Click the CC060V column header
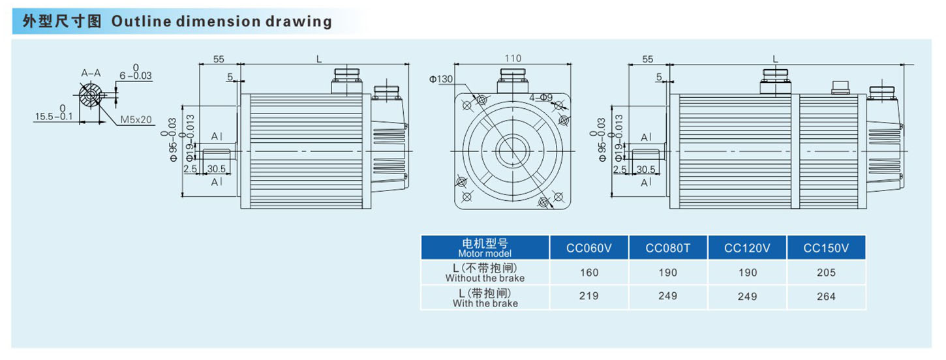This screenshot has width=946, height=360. (589, 248)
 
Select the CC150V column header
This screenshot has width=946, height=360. (826, 248)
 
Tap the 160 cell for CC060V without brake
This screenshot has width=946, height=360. (589, 273)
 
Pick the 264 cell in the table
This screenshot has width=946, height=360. (826, 297)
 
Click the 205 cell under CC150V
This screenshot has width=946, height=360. (826, 273)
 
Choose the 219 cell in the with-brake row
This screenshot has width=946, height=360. (589, 297)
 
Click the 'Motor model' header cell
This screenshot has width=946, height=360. (485, 248)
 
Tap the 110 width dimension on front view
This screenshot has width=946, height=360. (513, 59)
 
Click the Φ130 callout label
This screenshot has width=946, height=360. (441, 79)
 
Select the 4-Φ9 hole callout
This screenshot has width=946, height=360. (541, 98)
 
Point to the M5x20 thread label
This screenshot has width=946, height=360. (136, 120)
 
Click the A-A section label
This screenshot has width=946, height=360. (91, 73)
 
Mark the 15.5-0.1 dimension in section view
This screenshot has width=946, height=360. (53, 116)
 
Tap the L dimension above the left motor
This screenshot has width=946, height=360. (319, 59)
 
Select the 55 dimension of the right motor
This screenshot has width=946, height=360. (647, 59)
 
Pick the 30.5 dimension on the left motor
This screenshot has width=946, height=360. (217, 168)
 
